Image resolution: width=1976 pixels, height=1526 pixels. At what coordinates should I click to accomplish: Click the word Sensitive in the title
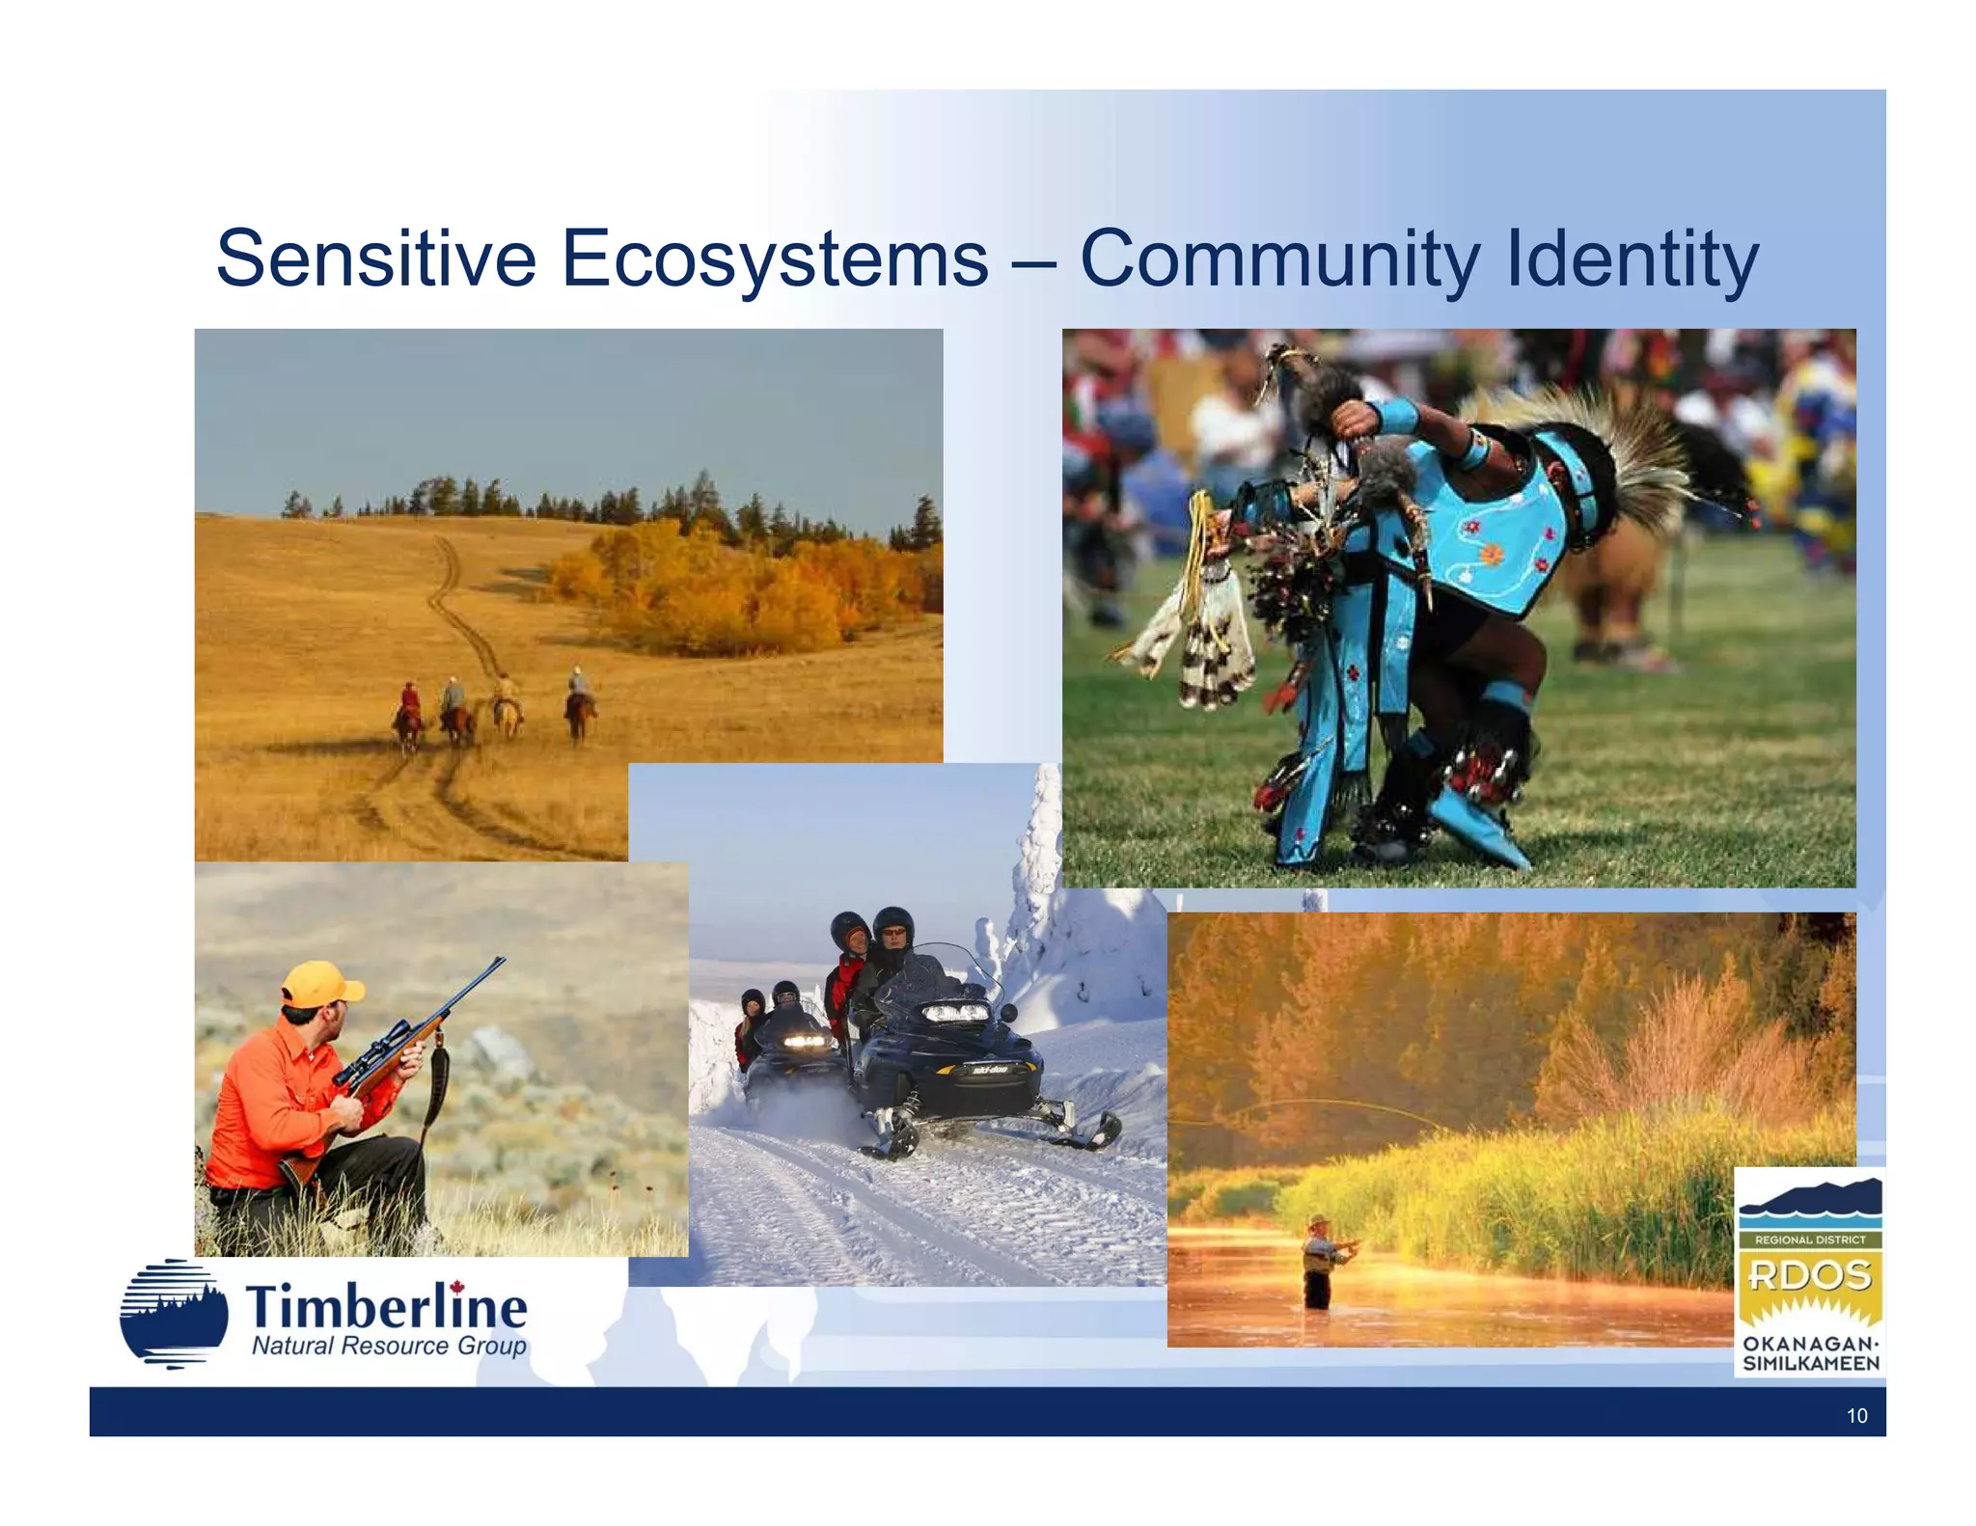pyautogui.click(x=375, y=259)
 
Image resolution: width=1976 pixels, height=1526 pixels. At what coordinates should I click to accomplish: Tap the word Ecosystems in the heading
pyautogui.click(x=774, y=259)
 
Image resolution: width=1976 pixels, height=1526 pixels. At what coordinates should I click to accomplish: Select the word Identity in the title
pyautogui.click(x=1631, y=259)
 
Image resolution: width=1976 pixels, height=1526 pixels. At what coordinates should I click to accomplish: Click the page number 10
pyautogui.click(x=1856, y=1415)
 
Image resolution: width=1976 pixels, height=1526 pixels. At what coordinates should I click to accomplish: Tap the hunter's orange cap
pyautogui.click(x=320, y=985)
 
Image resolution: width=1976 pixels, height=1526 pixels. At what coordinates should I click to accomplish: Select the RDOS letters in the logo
pyautogui.click(x=1809, y=1276)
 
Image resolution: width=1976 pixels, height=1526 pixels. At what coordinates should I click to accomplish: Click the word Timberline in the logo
pyautogui.click(x=386, y=1308)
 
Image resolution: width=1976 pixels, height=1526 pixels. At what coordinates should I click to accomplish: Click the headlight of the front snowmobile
pyautogui.click(x=955, y=1013)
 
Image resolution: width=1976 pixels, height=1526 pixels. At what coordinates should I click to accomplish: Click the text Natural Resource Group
pyautogui.click(x=389, y=1346)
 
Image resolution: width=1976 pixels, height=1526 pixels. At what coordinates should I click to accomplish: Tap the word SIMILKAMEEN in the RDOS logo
pyautogui.click(x=1810, y=1363)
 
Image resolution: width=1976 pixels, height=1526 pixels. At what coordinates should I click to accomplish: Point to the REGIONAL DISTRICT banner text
pyautogui.click(x=1809, y=1240)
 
